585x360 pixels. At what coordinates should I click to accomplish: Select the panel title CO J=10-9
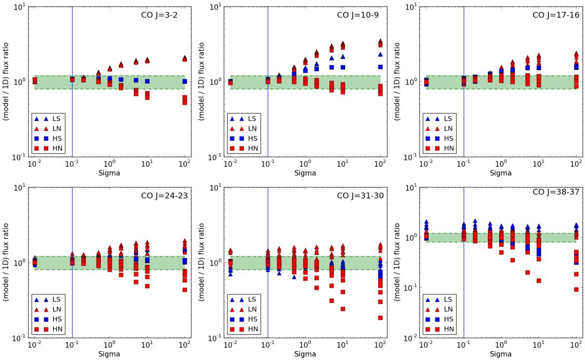point(358,14)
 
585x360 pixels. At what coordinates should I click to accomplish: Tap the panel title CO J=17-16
point(554,14)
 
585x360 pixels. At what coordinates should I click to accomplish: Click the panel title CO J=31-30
point(358,195)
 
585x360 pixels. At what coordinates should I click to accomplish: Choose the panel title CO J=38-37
point(554,195)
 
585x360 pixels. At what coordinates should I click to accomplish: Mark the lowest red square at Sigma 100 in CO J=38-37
point(577,289)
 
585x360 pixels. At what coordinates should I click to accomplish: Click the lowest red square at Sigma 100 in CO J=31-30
point(380,318)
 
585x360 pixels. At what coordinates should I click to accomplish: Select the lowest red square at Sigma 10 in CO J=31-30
point(343,309)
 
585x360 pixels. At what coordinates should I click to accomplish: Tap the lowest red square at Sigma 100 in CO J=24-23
point(185,290)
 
